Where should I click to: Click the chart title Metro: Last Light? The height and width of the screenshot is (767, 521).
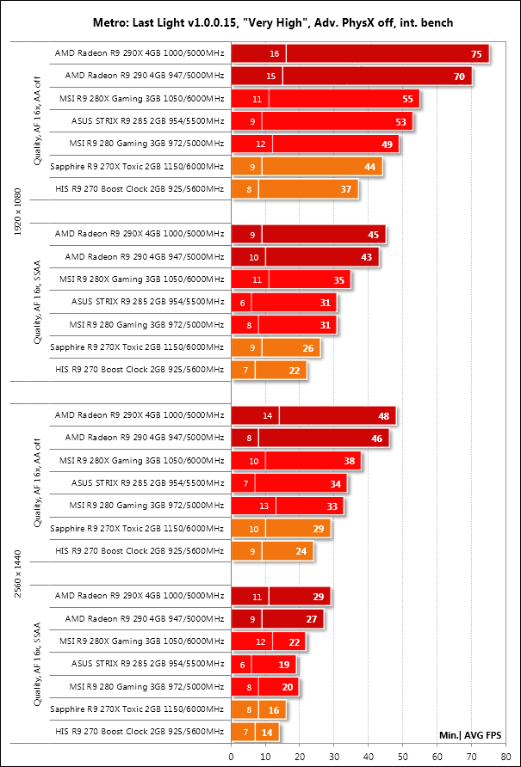pos(260,20)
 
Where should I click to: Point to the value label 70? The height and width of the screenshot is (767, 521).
pos(457,77)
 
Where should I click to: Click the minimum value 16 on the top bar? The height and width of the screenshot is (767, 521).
pos(274,54)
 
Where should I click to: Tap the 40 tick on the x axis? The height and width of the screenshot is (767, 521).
pos(368,756)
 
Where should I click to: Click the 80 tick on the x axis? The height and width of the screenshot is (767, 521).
pos(505,756)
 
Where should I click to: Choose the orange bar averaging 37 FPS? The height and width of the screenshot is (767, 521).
pos(308,188)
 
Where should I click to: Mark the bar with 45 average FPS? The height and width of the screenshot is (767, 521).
pos(323,233)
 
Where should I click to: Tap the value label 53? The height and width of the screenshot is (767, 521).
pos(400,121)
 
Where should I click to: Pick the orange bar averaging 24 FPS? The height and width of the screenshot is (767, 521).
pos(287,549)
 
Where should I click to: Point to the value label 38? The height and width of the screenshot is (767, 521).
pos(349,460)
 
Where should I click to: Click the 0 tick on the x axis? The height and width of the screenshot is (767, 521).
pos(231,756)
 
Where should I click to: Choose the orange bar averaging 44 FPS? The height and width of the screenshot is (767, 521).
pos(320,166)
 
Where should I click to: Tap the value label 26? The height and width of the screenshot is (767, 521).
pos(308,347)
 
